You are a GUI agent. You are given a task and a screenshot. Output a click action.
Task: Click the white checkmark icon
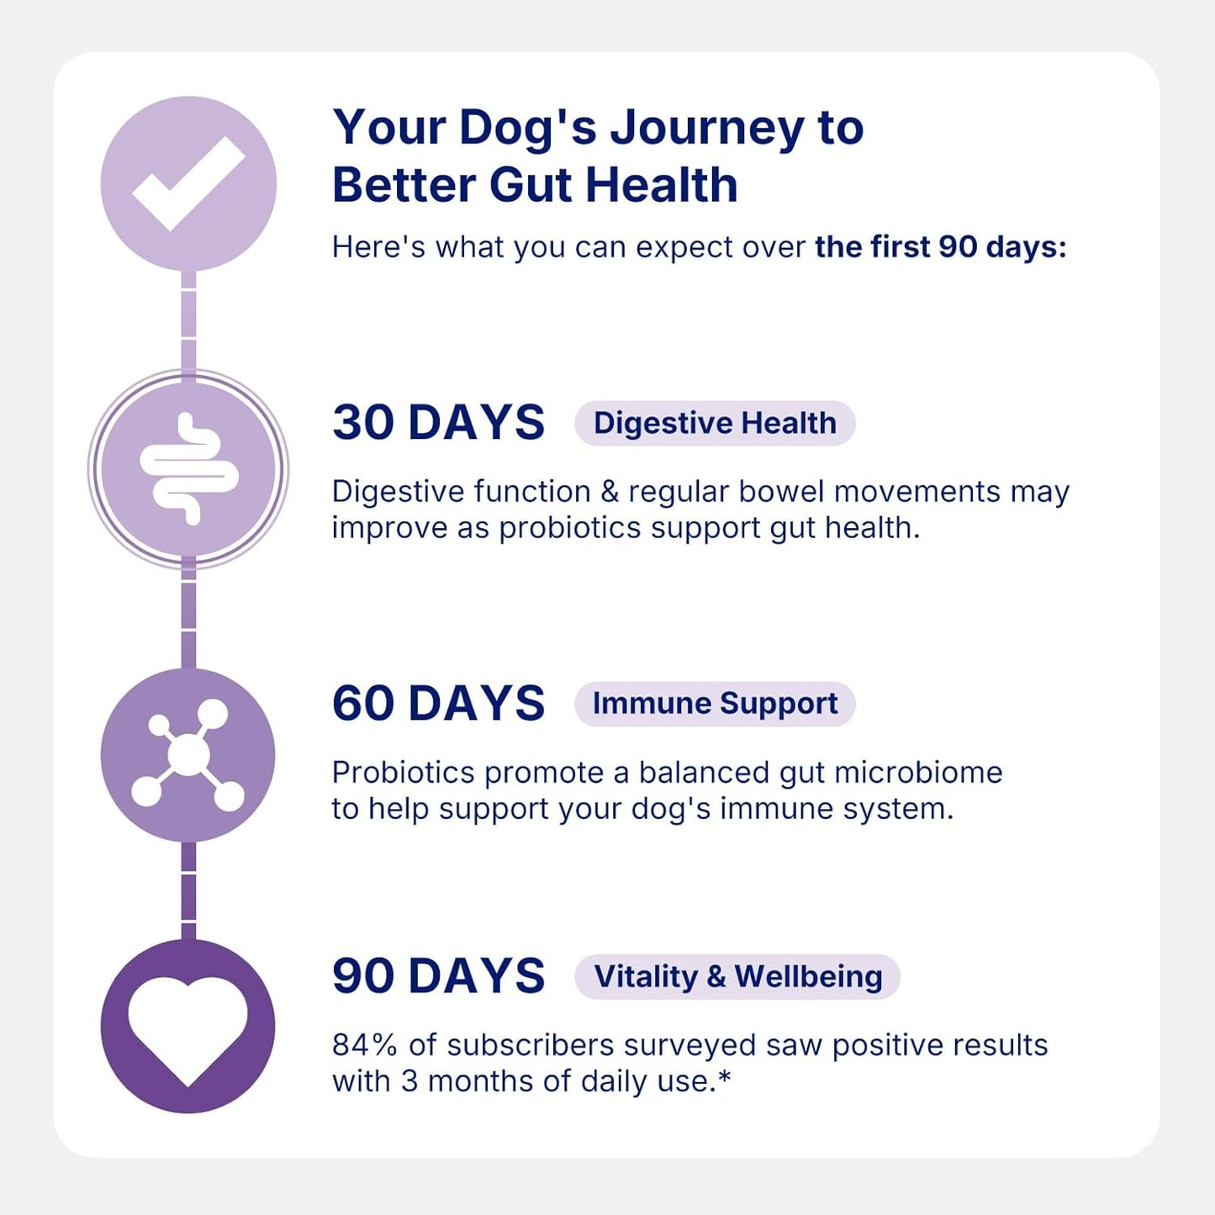188,183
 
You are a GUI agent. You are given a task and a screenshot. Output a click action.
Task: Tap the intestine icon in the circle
188,469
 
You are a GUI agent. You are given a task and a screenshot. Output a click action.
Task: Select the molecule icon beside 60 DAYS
188,754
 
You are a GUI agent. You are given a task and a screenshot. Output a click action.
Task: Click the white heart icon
188,1027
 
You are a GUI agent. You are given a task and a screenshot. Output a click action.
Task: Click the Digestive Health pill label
715,423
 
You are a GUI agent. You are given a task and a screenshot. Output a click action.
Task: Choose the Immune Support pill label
715,704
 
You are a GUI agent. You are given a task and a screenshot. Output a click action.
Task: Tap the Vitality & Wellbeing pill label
737,976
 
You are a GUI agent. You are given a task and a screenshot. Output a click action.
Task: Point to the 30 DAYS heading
438,422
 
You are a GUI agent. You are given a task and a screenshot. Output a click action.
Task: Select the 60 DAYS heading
438,703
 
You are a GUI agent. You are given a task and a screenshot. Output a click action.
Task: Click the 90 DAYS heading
438,975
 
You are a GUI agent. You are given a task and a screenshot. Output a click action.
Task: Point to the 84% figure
365,1045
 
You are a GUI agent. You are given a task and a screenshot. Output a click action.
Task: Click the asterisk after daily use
725,1078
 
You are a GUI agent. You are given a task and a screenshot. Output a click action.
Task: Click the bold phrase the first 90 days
940,247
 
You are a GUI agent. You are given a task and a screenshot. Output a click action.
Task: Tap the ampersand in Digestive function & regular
610,492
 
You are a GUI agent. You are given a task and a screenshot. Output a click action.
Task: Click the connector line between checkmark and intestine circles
188,320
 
